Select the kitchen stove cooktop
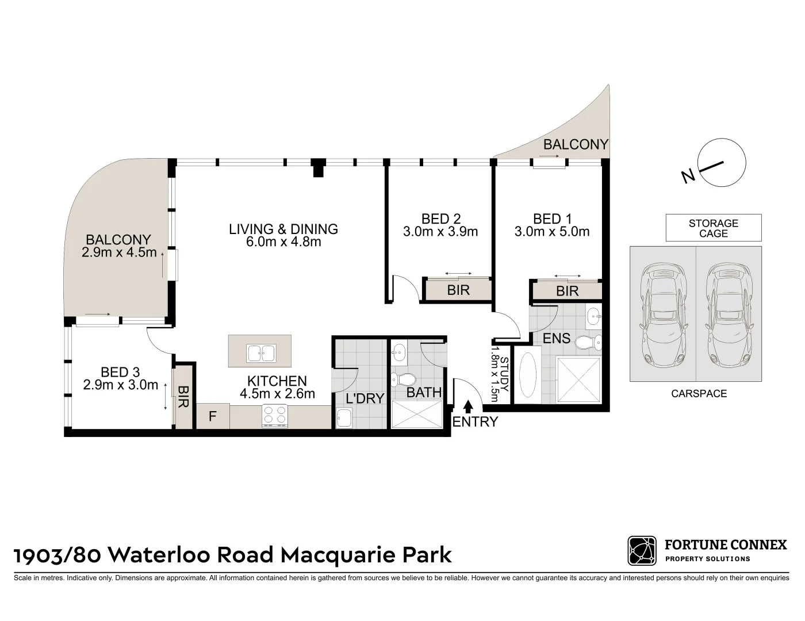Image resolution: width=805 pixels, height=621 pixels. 275,416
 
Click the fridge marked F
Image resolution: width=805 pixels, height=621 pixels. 212,416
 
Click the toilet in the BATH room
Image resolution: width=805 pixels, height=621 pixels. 406,380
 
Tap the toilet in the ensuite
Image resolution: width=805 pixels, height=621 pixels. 587,343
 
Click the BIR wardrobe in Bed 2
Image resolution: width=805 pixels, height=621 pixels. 458,290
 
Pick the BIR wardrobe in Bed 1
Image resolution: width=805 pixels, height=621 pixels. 567,292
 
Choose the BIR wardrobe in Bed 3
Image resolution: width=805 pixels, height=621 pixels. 183,397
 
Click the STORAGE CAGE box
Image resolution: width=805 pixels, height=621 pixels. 713,228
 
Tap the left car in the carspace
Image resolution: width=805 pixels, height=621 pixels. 663,315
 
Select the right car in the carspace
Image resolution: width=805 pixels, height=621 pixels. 729,315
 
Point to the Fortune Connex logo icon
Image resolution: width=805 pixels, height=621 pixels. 642,551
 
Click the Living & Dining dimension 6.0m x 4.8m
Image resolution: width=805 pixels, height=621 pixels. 283,242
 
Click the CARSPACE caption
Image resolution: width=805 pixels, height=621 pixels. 698,394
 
